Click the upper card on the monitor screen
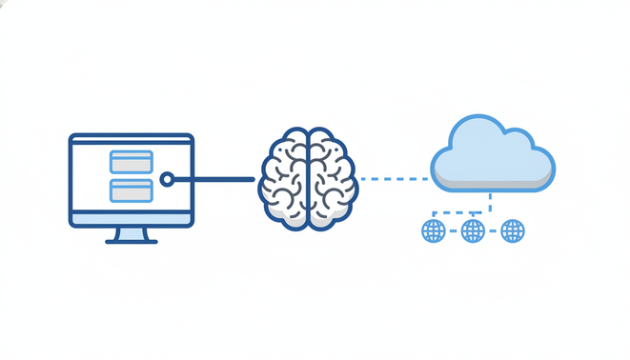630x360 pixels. coord(132,161)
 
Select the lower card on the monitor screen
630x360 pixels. coord(132,190)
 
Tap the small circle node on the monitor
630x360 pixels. coord(167,179)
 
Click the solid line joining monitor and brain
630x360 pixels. coord(214,179)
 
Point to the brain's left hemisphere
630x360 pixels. coord(285,179)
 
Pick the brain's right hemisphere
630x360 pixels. coord(331,179)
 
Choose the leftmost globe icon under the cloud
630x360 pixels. coord(434,230)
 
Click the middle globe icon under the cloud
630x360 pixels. coord(473,230)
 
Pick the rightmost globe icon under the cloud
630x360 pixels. coord(513,230)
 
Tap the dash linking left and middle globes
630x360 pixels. coord(453,230)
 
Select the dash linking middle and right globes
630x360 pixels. coord(493,230)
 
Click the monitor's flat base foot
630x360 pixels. coord(132,241)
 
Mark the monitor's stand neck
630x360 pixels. coord(132,233)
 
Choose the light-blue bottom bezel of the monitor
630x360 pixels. coord(132,218)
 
